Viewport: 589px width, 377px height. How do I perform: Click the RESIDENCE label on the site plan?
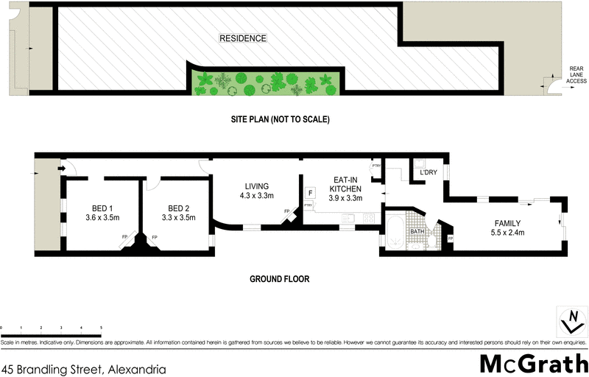[x=241, y=38]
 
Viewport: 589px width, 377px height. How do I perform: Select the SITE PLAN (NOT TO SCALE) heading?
[x=278, y=119]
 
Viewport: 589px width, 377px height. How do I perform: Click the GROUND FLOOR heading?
[x=279, y=279]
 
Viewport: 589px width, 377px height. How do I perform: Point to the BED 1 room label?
[x=102, y=208]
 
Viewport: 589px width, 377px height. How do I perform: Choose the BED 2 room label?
[x=179, y=208]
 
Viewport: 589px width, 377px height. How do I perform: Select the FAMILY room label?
[x=507, y=223]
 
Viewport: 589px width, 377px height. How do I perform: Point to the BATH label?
[x=418, y=232]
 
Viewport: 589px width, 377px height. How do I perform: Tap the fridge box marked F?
[x=311, y=192]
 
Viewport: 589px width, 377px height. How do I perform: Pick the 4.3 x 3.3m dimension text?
[x=256, y=196]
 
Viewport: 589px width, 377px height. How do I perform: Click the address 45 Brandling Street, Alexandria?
[x=83, y=368]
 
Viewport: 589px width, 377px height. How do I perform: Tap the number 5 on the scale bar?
[x=101, y=326]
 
